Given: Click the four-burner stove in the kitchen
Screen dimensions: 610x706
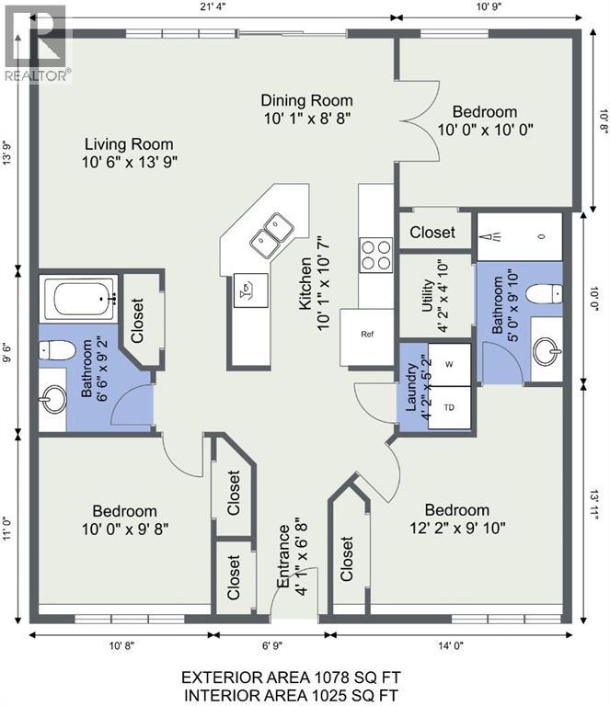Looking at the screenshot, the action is click(375, 256).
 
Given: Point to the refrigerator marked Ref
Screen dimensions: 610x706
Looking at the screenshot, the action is click(367, 336).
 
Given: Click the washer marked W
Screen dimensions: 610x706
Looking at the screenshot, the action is click(449, 365).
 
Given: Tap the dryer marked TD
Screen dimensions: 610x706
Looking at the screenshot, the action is click(449, 407).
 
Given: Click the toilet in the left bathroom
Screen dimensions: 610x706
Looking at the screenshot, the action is click(56, 350).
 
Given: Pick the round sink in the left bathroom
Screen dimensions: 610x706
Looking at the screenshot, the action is click(52, 398).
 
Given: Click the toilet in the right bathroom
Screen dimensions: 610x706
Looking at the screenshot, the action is click(545, 294).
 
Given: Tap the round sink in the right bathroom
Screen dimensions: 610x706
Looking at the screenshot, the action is click(547, 351).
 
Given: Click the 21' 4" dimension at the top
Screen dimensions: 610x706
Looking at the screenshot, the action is click(213, 8).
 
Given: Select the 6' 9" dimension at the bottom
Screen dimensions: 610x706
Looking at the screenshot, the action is click(272, 645).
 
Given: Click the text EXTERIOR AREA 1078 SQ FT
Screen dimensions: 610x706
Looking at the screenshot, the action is click(291, 678).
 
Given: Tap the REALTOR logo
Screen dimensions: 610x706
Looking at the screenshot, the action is click(37, 44).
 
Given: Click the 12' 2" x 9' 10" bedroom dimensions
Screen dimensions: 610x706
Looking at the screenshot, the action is click(457, 528).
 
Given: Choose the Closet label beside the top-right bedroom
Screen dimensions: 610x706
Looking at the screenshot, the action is click(432, 233).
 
